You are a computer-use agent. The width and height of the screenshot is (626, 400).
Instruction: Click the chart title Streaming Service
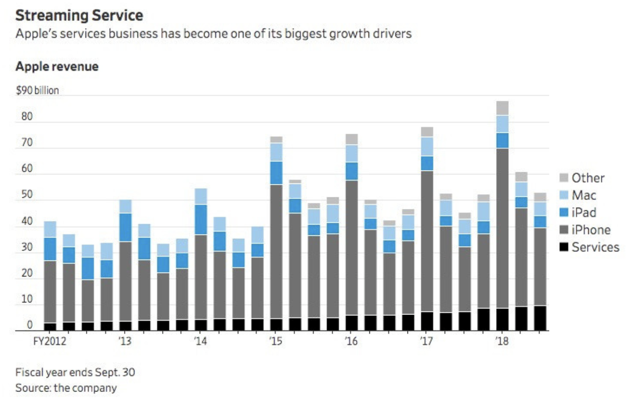(79, 15)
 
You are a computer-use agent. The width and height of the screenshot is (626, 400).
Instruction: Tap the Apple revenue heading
(57, 67)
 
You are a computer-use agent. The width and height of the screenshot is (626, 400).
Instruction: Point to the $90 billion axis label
(37, 90)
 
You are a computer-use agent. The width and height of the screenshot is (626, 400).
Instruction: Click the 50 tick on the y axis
(27, 195)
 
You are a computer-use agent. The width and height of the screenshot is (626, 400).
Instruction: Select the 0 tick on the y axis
(30, 325)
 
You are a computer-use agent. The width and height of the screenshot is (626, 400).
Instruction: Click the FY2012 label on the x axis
(50, 341)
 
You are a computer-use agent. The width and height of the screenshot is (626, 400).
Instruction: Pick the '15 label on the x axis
(276, 341)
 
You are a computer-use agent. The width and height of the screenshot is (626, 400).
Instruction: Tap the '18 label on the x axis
(502, 341)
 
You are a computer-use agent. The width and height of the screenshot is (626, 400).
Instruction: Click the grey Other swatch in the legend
(564, 178)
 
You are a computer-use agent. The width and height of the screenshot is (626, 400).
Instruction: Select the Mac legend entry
(583, 195)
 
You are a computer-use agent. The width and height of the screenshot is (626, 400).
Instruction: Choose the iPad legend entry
(583, 213)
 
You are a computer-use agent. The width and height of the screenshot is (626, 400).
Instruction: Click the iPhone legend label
(591, 230)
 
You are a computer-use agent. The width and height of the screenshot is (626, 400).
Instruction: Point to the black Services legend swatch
(564, 247)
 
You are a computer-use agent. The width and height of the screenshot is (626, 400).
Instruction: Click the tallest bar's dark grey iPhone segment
(502, 228)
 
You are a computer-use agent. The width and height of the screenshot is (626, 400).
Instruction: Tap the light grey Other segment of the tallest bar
(502, 108)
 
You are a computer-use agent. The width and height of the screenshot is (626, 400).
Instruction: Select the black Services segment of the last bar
(540, 318)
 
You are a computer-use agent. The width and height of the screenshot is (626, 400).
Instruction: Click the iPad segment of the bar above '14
(201, 220)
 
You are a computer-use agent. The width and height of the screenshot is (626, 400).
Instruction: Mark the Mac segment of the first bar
(50, 230)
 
